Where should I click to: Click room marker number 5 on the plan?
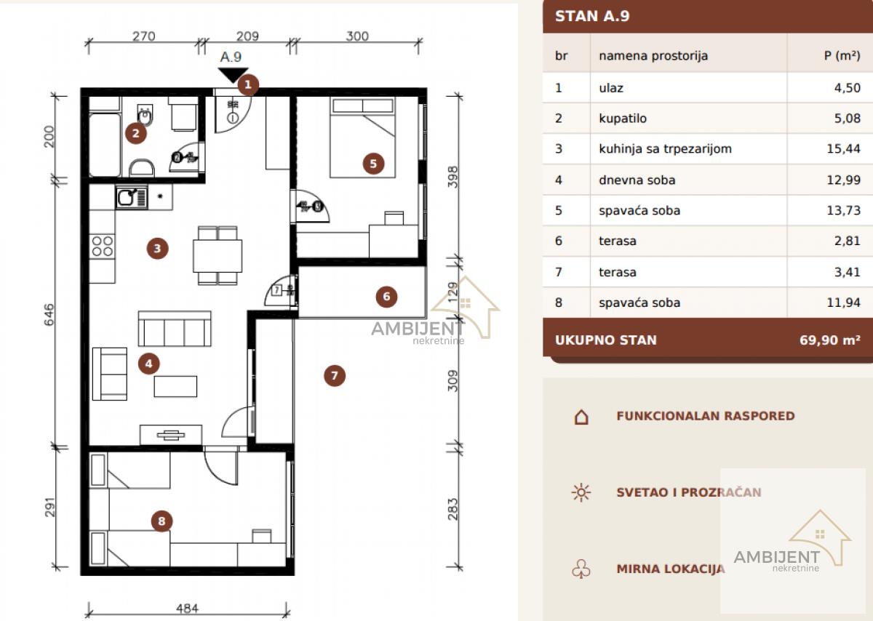[373, 164]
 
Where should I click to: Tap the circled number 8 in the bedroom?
[162, 521]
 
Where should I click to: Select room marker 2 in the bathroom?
[135, 134]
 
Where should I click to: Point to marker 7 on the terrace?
[335, 375]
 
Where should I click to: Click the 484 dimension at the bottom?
[187, 608]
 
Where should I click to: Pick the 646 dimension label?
[49, 315]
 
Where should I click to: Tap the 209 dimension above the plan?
[247, 36]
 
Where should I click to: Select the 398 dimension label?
[453, 177]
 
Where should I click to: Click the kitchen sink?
[132, 197]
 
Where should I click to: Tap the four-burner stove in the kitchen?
[102, 247]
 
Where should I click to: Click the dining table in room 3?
[218, 256]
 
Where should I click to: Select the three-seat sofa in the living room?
[175, 329]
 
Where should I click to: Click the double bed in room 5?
[362, 137]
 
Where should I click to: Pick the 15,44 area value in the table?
[843, 148]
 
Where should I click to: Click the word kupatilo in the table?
[623, 118]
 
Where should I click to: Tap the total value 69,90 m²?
[830, 340]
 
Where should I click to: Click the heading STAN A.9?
[592, 16]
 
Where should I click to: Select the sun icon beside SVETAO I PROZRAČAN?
[581, 492]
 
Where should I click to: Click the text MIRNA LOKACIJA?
[670, 569]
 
